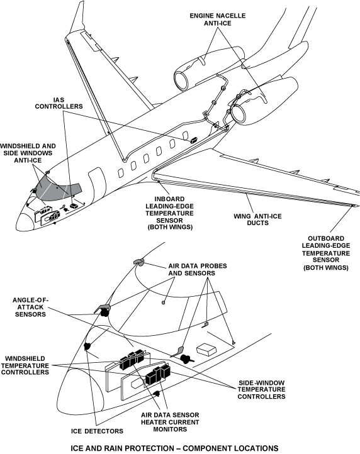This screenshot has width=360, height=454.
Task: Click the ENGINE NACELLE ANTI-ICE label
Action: (217, 19)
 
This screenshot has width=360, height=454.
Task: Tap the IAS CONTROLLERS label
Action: (59, 103)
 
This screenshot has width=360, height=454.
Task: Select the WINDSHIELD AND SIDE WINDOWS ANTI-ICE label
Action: (28, 153)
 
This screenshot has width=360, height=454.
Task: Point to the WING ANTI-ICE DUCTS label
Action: (257, 219)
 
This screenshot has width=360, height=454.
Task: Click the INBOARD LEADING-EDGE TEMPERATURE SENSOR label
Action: (169, 213)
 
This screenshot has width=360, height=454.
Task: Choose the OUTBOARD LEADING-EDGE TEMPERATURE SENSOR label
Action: (326, 253)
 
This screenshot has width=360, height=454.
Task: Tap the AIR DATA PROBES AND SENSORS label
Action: (198, 270)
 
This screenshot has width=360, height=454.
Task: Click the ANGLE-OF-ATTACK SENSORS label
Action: (30, 307)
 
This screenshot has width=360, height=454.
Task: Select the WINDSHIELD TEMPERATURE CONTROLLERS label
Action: (25, 365)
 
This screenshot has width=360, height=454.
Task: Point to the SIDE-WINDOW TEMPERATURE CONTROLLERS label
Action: (261, 389)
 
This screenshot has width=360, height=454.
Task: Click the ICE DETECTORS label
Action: (97, 431)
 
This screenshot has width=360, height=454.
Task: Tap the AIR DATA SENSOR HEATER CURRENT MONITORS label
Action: (170, 422)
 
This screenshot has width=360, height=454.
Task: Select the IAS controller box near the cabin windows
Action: (194, 140)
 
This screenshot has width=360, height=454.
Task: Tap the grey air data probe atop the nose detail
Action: (138, 262)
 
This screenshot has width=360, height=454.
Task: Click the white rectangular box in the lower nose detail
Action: (206, 350)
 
